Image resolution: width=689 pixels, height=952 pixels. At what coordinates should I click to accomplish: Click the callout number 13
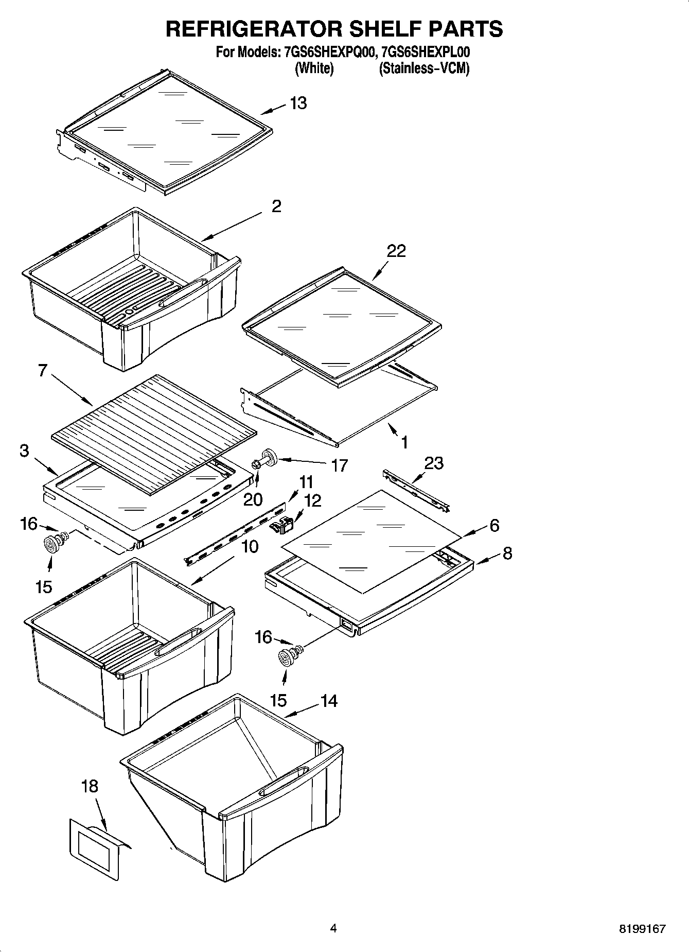click(298, 103)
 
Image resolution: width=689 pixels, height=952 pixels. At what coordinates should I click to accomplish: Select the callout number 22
click(397, 251)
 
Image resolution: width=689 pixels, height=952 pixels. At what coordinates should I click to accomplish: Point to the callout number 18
click(90, 786)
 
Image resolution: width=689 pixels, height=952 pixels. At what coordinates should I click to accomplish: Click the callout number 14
click(329, 701)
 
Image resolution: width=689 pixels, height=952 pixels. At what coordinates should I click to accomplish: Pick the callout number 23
click(433, 463)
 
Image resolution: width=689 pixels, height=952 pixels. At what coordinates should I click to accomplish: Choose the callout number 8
click(507, 553)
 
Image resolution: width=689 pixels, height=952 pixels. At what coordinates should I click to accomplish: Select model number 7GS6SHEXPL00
click(425, 53)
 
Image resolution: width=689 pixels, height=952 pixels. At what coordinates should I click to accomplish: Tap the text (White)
click(314, 68)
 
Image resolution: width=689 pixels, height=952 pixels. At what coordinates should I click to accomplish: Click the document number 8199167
click(642, 929)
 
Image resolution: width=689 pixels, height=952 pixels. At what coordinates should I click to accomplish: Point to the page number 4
click(333, 929)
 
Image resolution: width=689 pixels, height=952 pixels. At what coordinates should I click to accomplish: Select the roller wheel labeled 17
click(268, 457)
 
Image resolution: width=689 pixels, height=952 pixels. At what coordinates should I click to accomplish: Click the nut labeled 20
click(256, 465)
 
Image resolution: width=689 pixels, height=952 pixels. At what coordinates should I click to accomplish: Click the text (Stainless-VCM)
click(424, 68)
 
